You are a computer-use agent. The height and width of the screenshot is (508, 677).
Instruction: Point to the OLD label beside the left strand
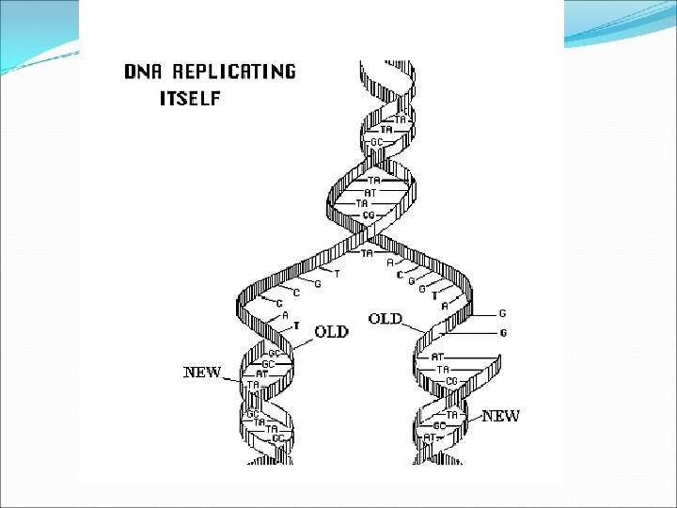point(331,331)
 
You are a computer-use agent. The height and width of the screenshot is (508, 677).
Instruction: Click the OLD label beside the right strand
point(386,319)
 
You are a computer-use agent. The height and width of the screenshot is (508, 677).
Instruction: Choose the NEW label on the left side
point(202,373)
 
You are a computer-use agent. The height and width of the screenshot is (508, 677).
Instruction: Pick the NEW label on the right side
point(500,416)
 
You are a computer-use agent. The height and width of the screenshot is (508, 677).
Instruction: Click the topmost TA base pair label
point(401,119)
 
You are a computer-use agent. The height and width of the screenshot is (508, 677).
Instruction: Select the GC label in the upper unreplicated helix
point(376,142)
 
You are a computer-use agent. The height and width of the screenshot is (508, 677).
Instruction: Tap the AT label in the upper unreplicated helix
point(370,192)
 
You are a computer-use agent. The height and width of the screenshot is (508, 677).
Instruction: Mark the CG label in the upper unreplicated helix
point(370,214)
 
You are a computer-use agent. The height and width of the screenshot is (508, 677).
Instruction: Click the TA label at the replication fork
point(368,252)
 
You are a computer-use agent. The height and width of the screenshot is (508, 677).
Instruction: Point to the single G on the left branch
point(318,282)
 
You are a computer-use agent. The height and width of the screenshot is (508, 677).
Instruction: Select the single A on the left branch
point(285,315)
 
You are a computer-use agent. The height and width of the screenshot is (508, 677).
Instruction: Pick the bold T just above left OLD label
point(296,325)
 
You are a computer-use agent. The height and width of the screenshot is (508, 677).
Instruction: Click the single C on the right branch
point(400,275)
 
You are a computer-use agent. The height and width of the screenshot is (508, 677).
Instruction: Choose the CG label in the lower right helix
point(452,380)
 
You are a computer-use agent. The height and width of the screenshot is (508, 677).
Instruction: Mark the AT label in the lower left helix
point(262,373)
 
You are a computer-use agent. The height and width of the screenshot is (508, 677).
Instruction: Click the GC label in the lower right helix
point(439,425)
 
